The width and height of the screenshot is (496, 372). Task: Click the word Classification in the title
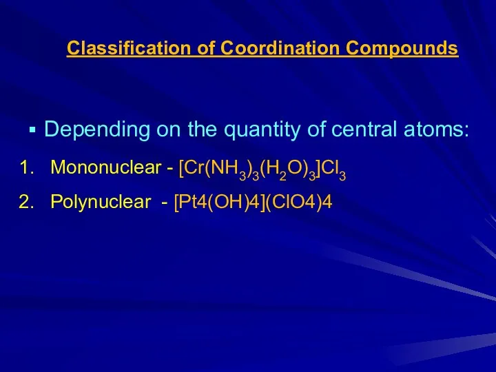[129, 48]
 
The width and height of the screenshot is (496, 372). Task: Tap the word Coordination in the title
[279, 48]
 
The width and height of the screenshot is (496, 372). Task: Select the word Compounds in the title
[402, 49]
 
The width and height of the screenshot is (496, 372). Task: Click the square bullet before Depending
[32, 130]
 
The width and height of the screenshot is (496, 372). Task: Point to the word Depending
[97, 130]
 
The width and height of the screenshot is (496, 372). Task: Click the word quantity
[262, 130]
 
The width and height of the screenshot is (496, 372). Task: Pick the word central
[364, 129]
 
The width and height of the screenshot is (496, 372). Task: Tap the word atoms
[436, 130]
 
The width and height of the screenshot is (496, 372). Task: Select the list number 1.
[27, 167]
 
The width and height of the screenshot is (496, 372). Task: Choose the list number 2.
[27, 201]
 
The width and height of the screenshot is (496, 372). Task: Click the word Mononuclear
[105, 167]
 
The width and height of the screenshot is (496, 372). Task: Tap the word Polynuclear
[101, 202]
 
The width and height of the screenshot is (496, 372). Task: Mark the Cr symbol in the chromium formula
[194, 167]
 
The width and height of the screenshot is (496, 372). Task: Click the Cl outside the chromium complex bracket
[331, 167]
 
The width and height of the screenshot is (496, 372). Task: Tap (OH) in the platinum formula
[227, 202]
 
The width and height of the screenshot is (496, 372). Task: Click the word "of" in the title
[205, 48]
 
